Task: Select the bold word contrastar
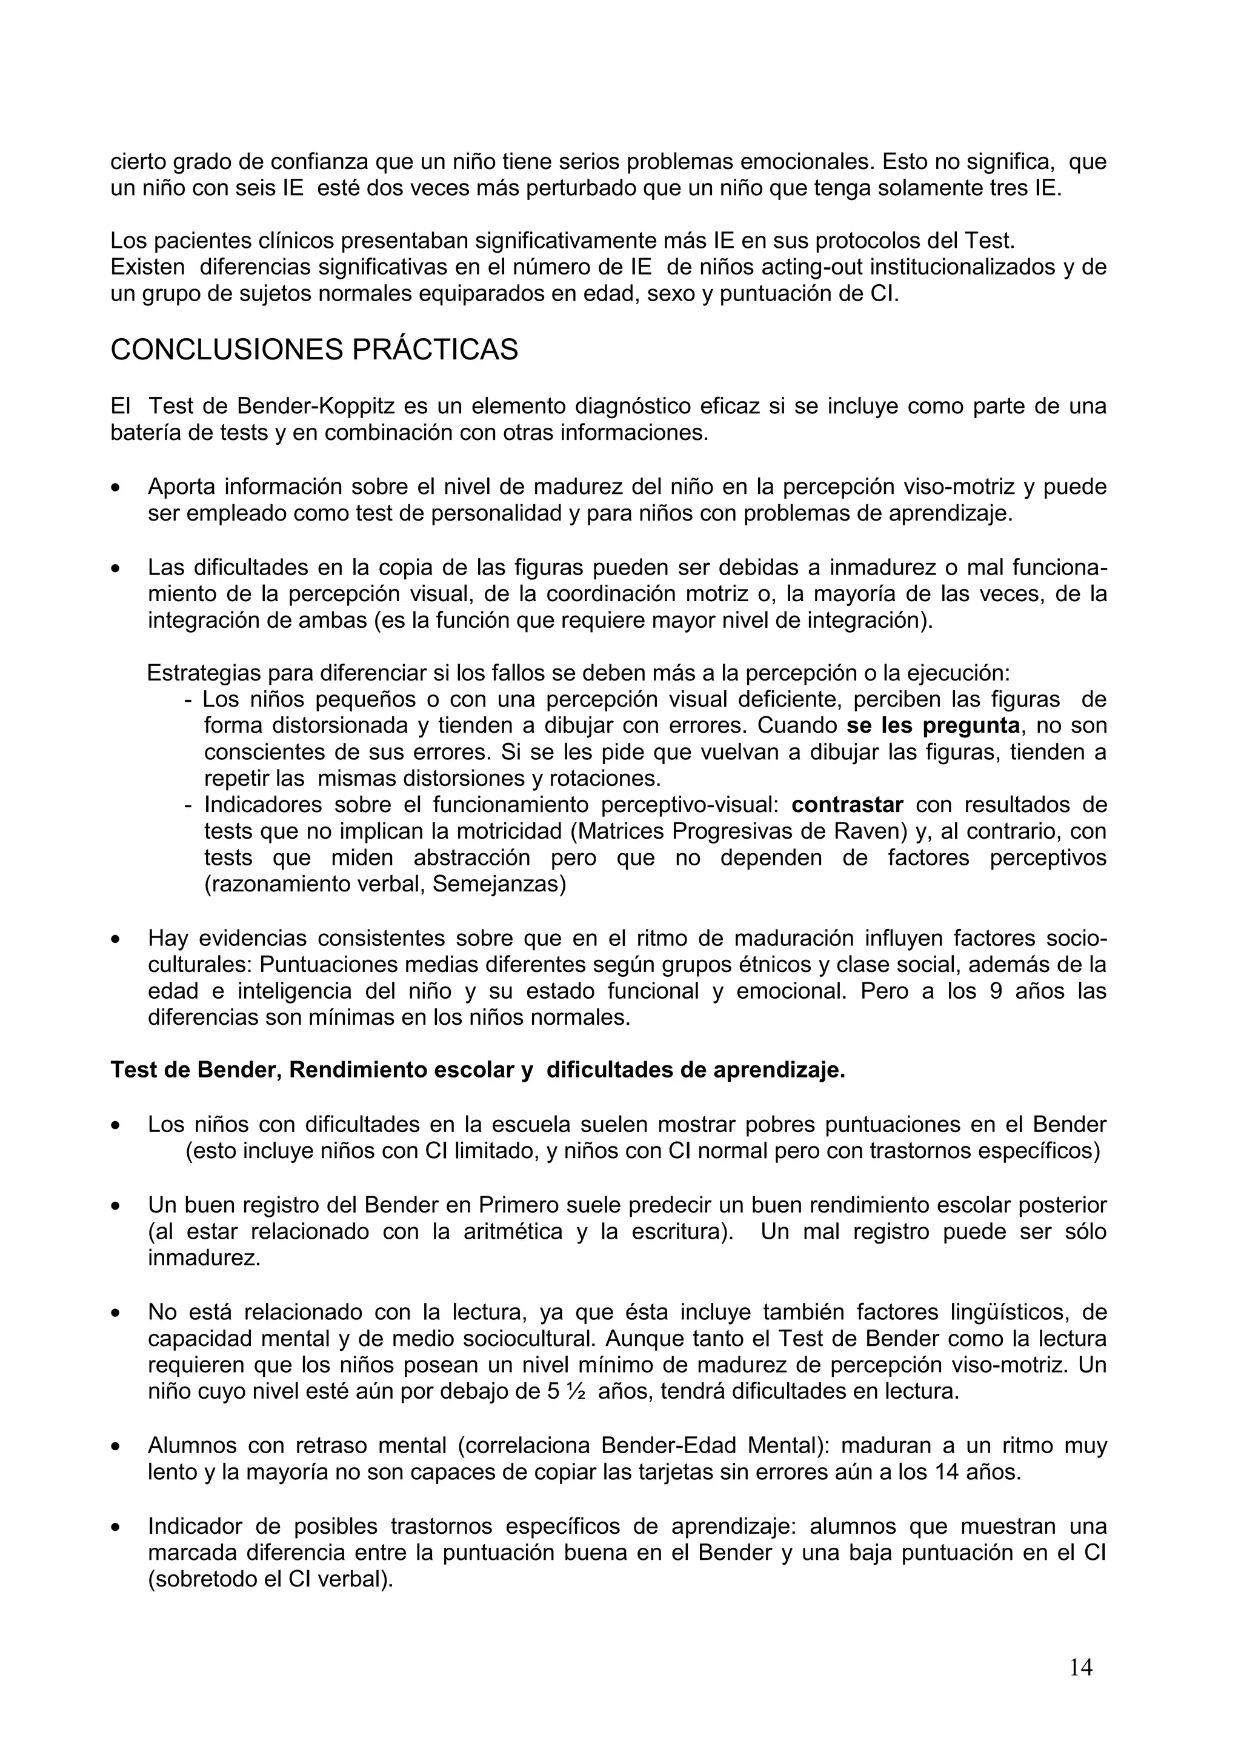[x=848, y=805]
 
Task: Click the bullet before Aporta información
[x=116, y=488]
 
